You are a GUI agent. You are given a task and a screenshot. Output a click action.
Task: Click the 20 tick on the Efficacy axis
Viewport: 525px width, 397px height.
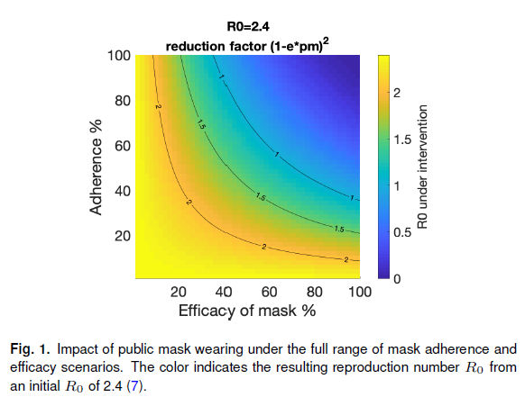pyautogui.click(x=179, y=292)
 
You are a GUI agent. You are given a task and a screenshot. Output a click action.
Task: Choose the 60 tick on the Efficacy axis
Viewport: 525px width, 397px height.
pyautogui.click(x=269, y=292)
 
